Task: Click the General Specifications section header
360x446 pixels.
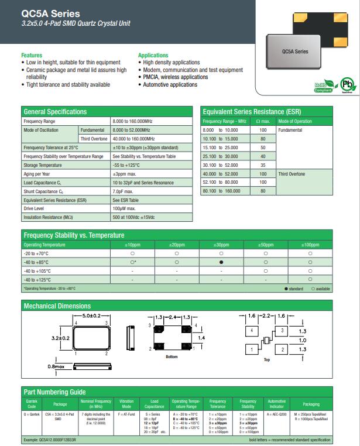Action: (x=54, y=111)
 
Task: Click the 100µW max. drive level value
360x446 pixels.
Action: (x=124, y=208)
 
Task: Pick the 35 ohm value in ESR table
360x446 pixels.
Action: (x=263, y=165)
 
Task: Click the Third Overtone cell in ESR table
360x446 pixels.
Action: (x=292, y=174)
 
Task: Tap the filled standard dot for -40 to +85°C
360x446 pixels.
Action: (x=221, y=263)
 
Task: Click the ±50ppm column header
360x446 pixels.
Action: (x=265, y=244)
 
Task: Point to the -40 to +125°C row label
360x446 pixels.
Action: (x=37, y=280)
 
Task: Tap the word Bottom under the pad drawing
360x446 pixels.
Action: (x=172, y=356)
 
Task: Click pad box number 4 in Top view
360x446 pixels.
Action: (x=252, y=331)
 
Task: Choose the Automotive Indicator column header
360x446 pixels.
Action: (x=276, y=404)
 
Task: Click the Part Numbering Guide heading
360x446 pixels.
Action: (x=54, y=392)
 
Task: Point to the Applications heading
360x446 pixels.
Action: (x=153, y=55)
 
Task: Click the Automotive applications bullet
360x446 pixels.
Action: (x=170, y=85)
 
